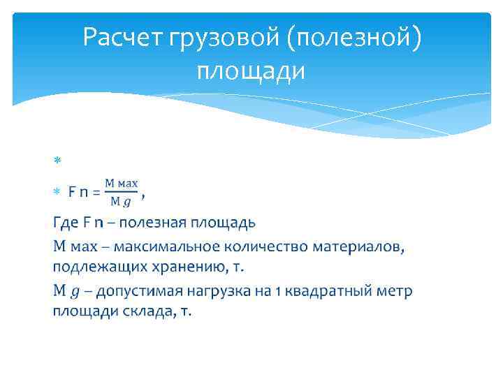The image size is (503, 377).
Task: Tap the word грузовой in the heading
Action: coord(224,38)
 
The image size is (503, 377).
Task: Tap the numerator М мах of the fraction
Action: coord(121,184)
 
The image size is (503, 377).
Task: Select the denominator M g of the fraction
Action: coord(120,202)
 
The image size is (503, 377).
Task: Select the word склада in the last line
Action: coord(146,311)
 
